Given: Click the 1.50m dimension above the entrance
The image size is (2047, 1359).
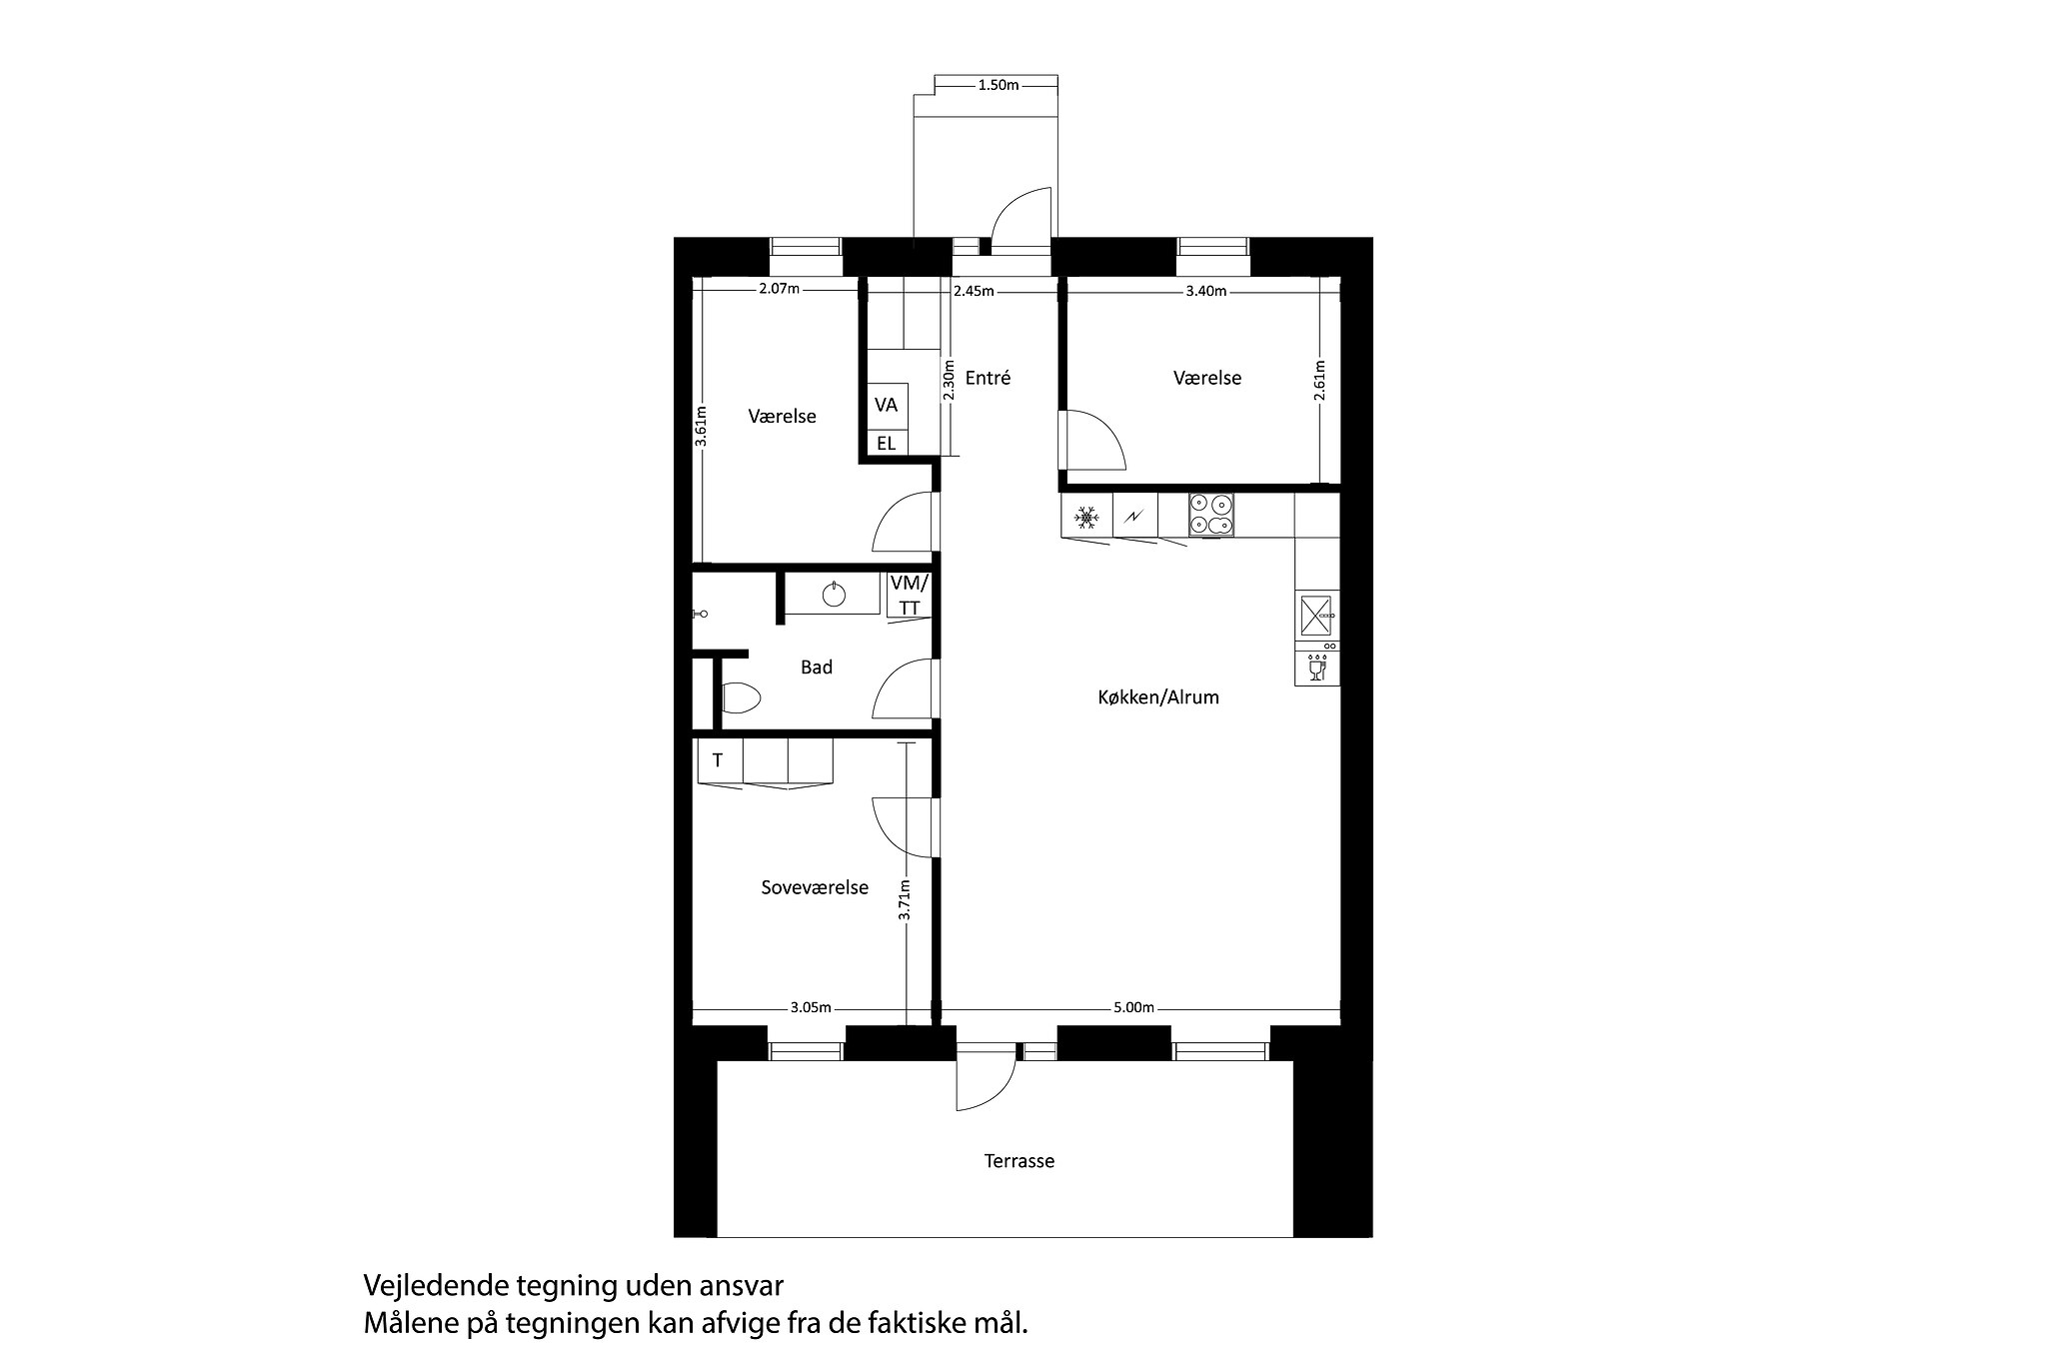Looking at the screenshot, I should point(998,86).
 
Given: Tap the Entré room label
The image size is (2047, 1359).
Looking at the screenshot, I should point(989,378).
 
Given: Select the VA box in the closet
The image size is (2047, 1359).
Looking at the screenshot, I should point(887,405).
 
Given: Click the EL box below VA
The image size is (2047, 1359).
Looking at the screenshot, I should point(887,443).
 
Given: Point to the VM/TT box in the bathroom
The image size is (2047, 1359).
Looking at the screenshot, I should point(910,595).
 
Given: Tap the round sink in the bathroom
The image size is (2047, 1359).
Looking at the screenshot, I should point(834,596).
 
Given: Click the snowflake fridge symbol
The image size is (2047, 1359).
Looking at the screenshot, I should point(1086,517).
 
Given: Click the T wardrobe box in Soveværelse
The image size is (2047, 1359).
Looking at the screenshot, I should point(718,761).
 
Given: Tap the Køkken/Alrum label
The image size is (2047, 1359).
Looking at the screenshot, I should point(1158,697).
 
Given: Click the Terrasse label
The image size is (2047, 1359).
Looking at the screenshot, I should point(1019,1161).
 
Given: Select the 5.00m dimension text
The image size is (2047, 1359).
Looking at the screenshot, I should point(1133,1007).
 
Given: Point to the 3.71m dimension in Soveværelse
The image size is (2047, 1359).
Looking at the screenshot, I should point(905,899).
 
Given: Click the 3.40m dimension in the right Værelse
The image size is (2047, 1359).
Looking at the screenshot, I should point(1206,292).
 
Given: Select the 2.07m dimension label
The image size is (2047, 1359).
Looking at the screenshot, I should point(779,290).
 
